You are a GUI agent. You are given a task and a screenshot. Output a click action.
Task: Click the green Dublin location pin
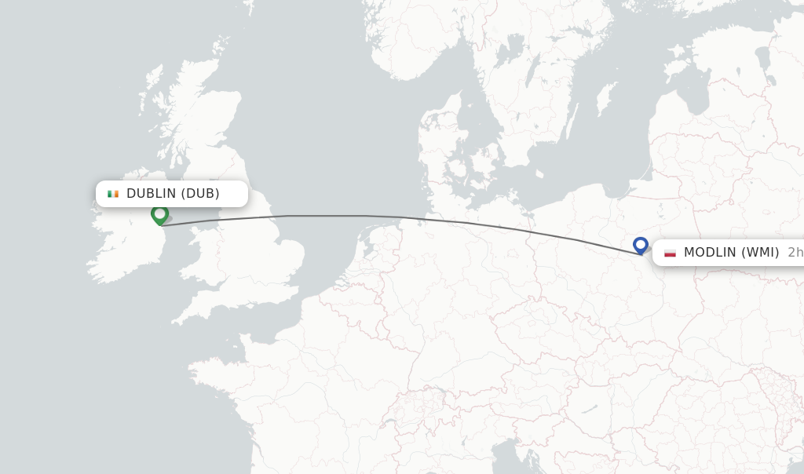(159, 213)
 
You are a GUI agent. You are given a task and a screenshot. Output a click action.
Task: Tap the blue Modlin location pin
(641, 245)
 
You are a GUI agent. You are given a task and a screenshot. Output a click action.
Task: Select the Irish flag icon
(113, 194)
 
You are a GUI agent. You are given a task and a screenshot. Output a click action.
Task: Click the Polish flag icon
(670, 253)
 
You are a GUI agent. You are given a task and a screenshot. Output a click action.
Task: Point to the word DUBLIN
(152, 194)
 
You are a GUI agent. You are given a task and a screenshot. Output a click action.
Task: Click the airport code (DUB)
(200, 194)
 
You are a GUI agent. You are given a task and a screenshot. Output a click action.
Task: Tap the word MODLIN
(709, 253)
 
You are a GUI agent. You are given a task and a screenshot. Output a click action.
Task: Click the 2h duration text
(795, 253)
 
